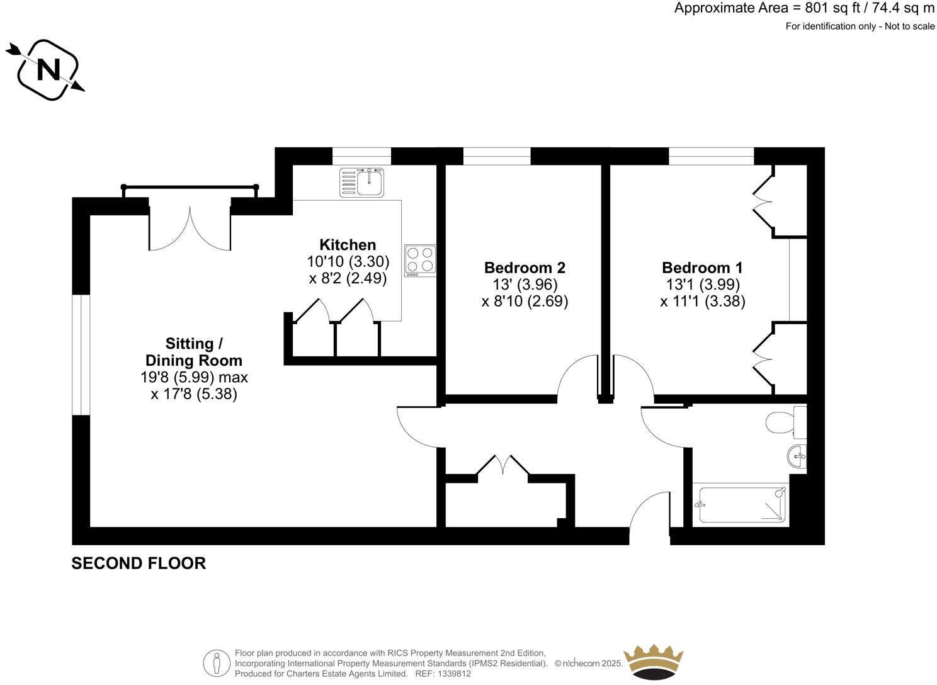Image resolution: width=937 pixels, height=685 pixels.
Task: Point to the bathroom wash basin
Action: (797, 456)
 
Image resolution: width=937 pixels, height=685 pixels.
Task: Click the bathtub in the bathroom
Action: (741, 504)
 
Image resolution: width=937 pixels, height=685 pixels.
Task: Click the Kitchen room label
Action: (348, 245)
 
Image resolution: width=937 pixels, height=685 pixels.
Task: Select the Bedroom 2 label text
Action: (525, 268)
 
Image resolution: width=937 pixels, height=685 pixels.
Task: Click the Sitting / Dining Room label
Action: (194, 352)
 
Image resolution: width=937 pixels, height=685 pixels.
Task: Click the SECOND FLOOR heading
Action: (139, 563)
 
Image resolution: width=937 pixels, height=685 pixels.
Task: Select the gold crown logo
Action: (653, 662)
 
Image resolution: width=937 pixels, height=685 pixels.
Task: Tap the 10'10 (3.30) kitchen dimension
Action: (348, 261)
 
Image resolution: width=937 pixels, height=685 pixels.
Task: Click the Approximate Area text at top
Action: (804, 8)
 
